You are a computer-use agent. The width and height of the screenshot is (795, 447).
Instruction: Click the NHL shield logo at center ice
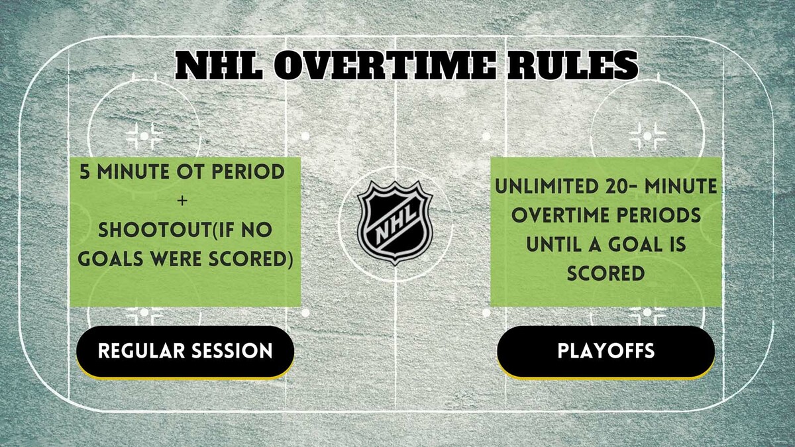[395, 223]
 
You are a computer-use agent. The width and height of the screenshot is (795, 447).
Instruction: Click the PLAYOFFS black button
[606, 350]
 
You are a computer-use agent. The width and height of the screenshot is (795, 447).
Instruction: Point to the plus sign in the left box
[185, 201]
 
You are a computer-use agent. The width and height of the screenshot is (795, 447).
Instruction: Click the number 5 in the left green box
[85, 172]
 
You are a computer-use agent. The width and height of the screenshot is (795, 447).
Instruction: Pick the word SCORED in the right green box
[606, 273]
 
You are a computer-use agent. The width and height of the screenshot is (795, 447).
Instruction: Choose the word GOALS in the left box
[110, 259]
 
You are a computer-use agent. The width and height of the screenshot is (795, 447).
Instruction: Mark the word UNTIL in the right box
[554, 245]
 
